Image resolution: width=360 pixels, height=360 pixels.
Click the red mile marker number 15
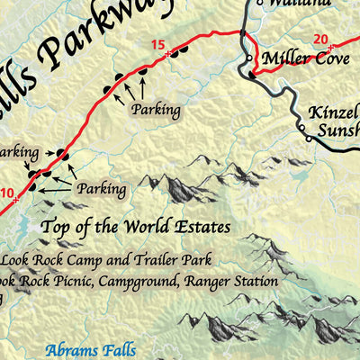tap(158, 45)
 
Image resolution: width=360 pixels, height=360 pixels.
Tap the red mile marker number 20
tap(321, 38)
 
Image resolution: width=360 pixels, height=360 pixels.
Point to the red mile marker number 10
tap(7, 193)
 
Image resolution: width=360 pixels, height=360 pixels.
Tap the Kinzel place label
tap(333, 115)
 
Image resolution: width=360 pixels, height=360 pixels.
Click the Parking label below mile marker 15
tap(154, 110)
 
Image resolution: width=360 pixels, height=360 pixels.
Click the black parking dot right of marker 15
tap(180, 51)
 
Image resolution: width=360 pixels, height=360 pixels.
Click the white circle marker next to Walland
tap(259, 4)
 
